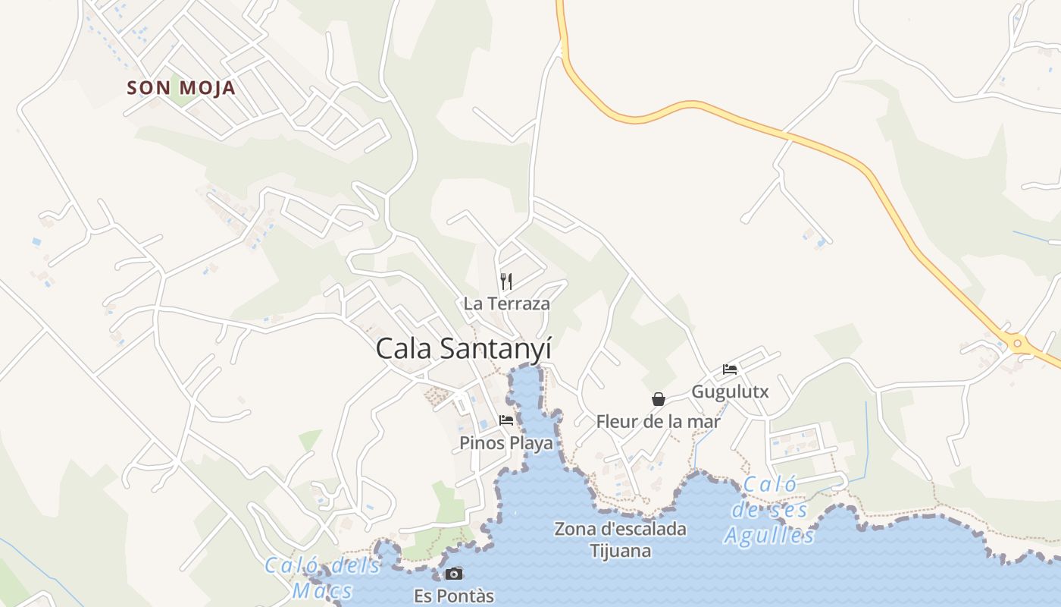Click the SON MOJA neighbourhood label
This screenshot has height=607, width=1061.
pos(181,88)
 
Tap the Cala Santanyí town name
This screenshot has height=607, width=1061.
pos(463,349)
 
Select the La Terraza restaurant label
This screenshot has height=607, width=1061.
pos(506,303)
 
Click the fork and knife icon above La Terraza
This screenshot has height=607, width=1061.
pos(506,281)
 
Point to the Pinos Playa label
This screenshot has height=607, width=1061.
pos(506,443)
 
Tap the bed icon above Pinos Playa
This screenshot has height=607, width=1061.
pos(506,420)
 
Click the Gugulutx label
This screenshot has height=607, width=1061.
pos(730,392)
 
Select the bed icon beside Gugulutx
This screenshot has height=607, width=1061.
pos(730,370)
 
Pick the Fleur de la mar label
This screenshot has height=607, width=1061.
pos(658,421)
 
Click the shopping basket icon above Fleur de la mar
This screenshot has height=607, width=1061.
pos(658,399)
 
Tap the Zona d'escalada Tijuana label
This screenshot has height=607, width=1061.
pos(620,539)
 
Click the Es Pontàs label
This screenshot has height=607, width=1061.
pos(454,596)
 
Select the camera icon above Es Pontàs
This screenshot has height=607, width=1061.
pos(454,574)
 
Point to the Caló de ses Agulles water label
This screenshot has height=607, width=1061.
pos(769,510)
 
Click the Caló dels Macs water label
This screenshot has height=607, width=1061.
pos(323,577)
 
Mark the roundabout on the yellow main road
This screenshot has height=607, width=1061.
pos(1017,344)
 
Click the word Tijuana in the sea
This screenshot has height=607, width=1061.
pos(620,551)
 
